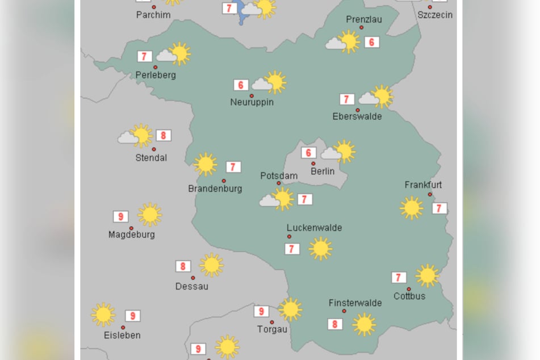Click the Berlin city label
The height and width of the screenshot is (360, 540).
[x=323, y=171]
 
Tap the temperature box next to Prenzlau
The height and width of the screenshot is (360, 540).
[x=372, y=42]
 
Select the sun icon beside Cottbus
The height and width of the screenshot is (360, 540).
[x=427, y=276]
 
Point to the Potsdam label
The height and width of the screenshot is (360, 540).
[x=279, y=175]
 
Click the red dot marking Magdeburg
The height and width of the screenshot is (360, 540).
[x=131, y=228]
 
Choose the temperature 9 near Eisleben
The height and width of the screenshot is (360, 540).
[x=132, y=316]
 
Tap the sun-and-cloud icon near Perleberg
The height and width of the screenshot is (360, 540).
[x=174, y=54]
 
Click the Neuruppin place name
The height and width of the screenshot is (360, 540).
[x=252, y=102]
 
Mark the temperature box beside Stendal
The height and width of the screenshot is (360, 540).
[x=164, y=135]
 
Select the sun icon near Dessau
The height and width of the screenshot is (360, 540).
[x=211, y=265]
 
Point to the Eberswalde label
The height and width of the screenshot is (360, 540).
[x=357, y=116]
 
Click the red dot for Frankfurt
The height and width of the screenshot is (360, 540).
[x=430, y=194]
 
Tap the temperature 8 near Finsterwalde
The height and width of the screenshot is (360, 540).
[x=335, y=324]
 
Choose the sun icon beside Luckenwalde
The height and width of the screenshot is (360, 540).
[x=320, y=249]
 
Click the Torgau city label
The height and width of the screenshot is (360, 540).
[x=273, y=329]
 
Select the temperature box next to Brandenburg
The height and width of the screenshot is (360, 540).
[x=233, y=167]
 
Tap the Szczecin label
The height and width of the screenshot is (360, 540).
[x=435, y=15]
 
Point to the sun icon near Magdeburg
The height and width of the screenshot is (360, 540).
[x=150, y=215]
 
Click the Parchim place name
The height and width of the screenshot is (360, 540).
[x=153, y=15]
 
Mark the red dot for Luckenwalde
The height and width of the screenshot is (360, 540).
[x=289, y=236]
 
